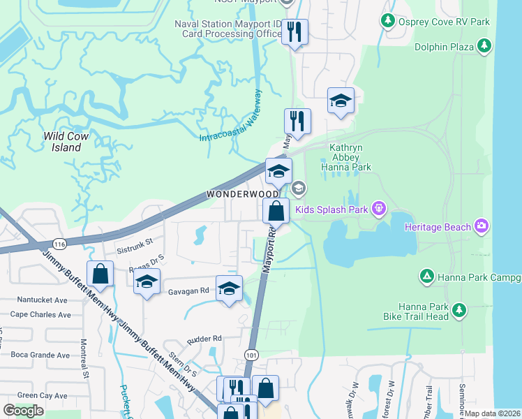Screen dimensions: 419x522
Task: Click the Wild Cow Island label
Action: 66,142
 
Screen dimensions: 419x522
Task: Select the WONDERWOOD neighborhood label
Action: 241,193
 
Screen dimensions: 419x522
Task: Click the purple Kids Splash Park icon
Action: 379,207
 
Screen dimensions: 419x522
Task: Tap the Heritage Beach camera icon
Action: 481,226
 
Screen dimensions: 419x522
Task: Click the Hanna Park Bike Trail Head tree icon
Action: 458,309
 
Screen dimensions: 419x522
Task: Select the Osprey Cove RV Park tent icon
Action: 389,22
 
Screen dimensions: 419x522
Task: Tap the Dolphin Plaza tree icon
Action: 485,47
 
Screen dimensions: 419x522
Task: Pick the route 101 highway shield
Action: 252,355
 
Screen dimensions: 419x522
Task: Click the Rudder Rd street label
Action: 204,339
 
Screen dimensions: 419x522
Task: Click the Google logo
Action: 23,411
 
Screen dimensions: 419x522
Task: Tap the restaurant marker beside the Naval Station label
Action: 295,31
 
